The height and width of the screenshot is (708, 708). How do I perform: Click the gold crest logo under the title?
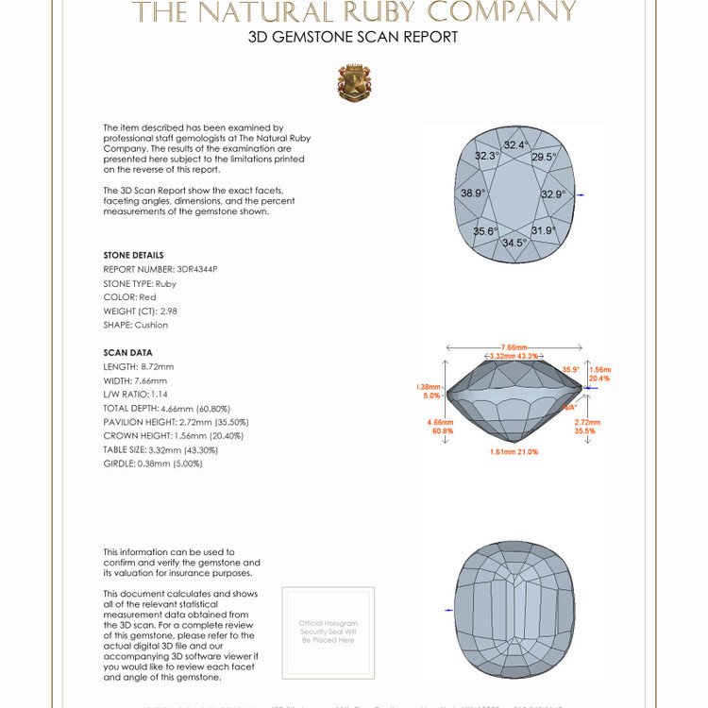[354, 83]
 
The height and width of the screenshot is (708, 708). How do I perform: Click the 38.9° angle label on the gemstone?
[473, 194]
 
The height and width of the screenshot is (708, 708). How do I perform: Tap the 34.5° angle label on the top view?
[514, 243]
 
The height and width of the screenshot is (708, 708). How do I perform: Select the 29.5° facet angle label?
[544, 158]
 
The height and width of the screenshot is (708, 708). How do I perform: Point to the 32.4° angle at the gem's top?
[515, 145]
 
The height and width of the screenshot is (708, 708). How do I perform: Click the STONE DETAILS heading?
[133, 255]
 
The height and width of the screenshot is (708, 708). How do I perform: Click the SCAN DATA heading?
[127, 352]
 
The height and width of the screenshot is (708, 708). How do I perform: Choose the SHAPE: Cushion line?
[136, 325]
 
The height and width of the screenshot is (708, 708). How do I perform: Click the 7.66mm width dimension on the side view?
[514, 347]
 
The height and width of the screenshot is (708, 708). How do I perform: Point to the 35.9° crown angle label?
[570, 369]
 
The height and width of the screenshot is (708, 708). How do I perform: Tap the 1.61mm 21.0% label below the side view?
[514, 452]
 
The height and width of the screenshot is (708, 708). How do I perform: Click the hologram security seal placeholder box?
[329, 632]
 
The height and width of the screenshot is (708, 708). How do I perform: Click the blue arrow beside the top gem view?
[581, 194]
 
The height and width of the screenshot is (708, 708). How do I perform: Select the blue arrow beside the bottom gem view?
[448, 611]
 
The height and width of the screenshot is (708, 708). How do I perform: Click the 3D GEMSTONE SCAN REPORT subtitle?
[353, 38]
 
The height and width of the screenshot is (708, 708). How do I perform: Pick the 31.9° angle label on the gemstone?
[543, 230]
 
